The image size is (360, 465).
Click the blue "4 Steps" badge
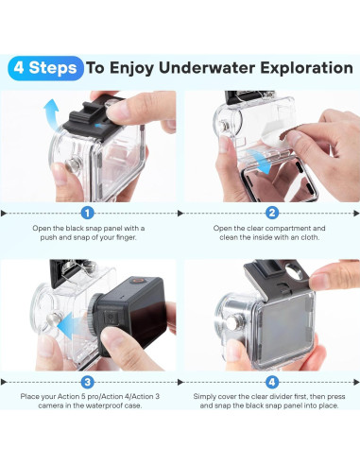pyautogui.click(x=43, y=68)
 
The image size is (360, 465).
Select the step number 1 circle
pyautogui.click(x=88, y=213)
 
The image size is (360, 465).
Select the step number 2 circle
pyautogui.click(x=272, y=213)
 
